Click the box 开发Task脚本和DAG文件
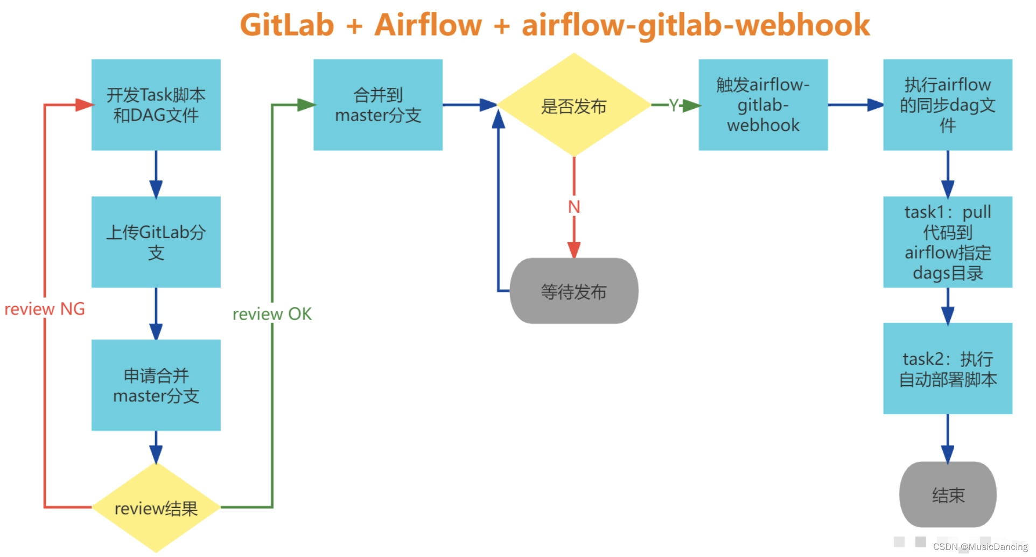pos(156,105)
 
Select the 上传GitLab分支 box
pos(156,242)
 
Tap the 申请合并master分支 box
pos(156,385)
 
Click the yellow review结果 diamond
pos(156,508)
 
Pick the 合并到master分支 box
pos(377,105)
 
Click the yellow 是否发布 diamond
pos(573,106)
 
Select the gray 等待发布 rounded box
pos(573,291)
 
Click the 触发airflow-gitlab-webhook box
pos(762,105)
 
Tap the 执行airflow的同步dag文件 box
pos(947,105)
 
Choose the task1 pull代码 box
pos(947,242)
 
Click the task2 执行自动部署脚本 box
pos(947,368)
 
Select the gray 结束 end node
pos(947,495)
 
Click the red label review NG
pos(45,309)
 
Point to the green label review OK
pos(272,314)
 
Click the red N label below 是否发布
pos(574,207)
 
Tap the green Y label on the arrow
pos(674,105)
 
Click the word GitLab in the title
pos(287,25)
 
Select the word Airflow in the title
pos(428,25)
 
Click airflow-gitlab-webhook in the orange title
pos(696,25)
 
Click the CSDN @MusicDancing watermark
pos(980,547)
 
